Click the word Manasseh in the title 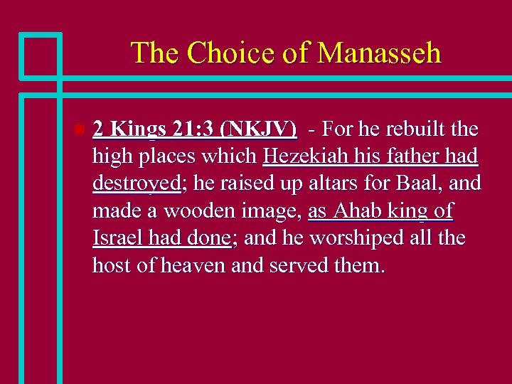click(x=379, y=53)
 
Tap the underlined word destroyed click(x=136, y=183)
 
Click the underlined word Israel click(x=117, y=238)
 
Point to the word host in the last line click(x=114, y=266)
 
